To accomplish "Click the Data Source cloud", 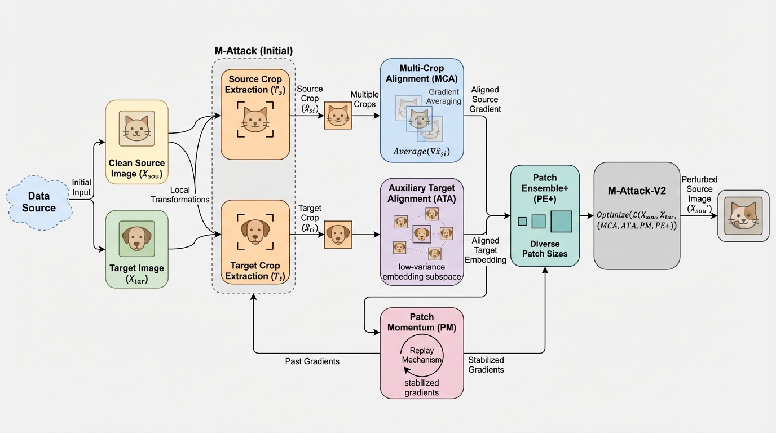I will [x=39, y=202].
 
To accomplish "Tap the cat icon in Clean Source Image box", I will [x=136, y=129].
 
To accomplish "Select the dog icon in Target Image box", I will [x=136, y=238].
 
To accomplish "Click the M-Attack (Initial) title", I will [x=253, y=50].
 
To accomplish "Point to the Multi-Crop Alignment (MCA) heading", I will [x=421, y=73].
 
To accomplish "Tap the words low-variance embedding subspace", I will [x=422, y=271].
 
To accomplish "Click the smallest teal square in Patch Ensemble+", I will [x=522, y=221].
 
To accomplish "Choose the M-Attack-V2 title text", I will [x=637, y=191].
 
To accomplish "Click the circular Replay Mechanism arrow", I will [x=422, y=355].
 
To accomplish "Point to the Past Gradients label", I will [x=312, y=361].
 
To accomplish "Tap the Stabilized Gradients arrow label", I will [x=486, y=365].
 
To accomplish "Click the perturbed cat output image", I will [x=743, y=216].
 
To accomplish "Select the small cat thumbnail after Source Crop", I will [x=338, y=116].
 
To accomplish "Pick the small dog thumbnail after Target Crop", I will [x=338, y=235].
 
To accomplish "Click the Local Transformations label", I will [x=180, y=195].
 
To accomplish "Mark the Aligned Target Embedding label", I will [x=486, y=251].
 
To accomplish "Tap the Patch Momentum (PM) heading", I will [x=422, y=322].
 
